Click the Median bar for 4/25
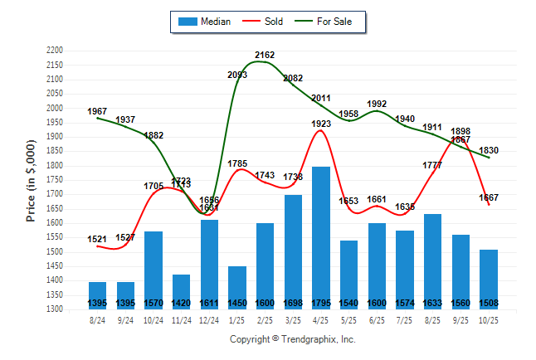tap(321, 237)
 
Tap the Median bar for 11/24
tap(182, 291)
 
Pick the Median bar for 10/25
tap(489, 279)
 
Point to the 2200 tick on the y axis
tap(56, 51)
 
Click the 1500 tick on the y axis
tap(56, 252)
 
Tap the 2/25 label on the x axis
tap(266, 319)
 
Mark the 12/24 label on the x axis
tap(209, 319)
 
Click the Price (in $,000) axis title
tap(31, 179)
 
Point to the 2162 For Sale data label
tap(265, 55)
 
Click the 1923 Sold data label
tap(321, 124)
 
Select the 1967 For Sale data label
tap(98, 111)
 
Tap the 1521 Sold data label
tap(98, 240)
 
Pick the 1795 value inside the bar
tap(321, 303)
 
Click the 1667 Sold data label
tap(489, 197)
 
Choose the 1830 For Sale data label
tap(489, 150)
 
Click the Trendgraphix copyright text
tap(292, 339)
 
